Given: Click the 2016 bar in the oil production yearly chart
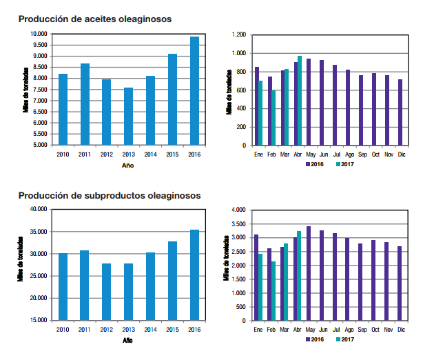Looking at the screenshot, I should click(194, 91).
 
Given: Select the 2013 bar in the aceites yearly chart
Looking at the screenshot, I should click(128, 117).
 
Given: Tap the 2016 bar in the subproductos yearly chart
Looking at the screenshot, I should click(194, 275).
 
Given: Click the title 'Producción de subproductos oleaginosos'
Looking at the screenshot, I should click(110, 195).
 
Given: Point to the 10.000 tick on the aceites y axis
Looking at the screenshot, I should click(39, 34).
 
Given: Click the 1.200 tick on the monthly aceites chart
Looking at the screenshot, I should click(238, 34).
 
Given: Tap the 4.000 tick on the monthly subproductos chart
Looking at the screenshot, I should click(238, 210).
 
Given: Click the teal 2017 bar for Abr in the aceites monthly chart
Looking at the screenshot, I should click(300, 101).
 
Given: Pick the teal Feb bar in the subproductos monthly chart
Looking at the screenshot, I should click(273, 291).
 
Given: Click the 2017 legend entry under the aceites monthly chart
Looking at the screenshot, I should click(346, 164).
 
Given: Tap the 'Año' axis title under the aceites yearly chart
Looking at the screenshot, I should click(128, 166).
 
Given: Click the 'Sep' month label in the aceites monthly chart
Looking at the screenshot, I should click(362, 154).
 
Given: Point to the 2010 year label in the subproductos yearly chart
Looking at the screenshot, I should click(63, 330).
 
